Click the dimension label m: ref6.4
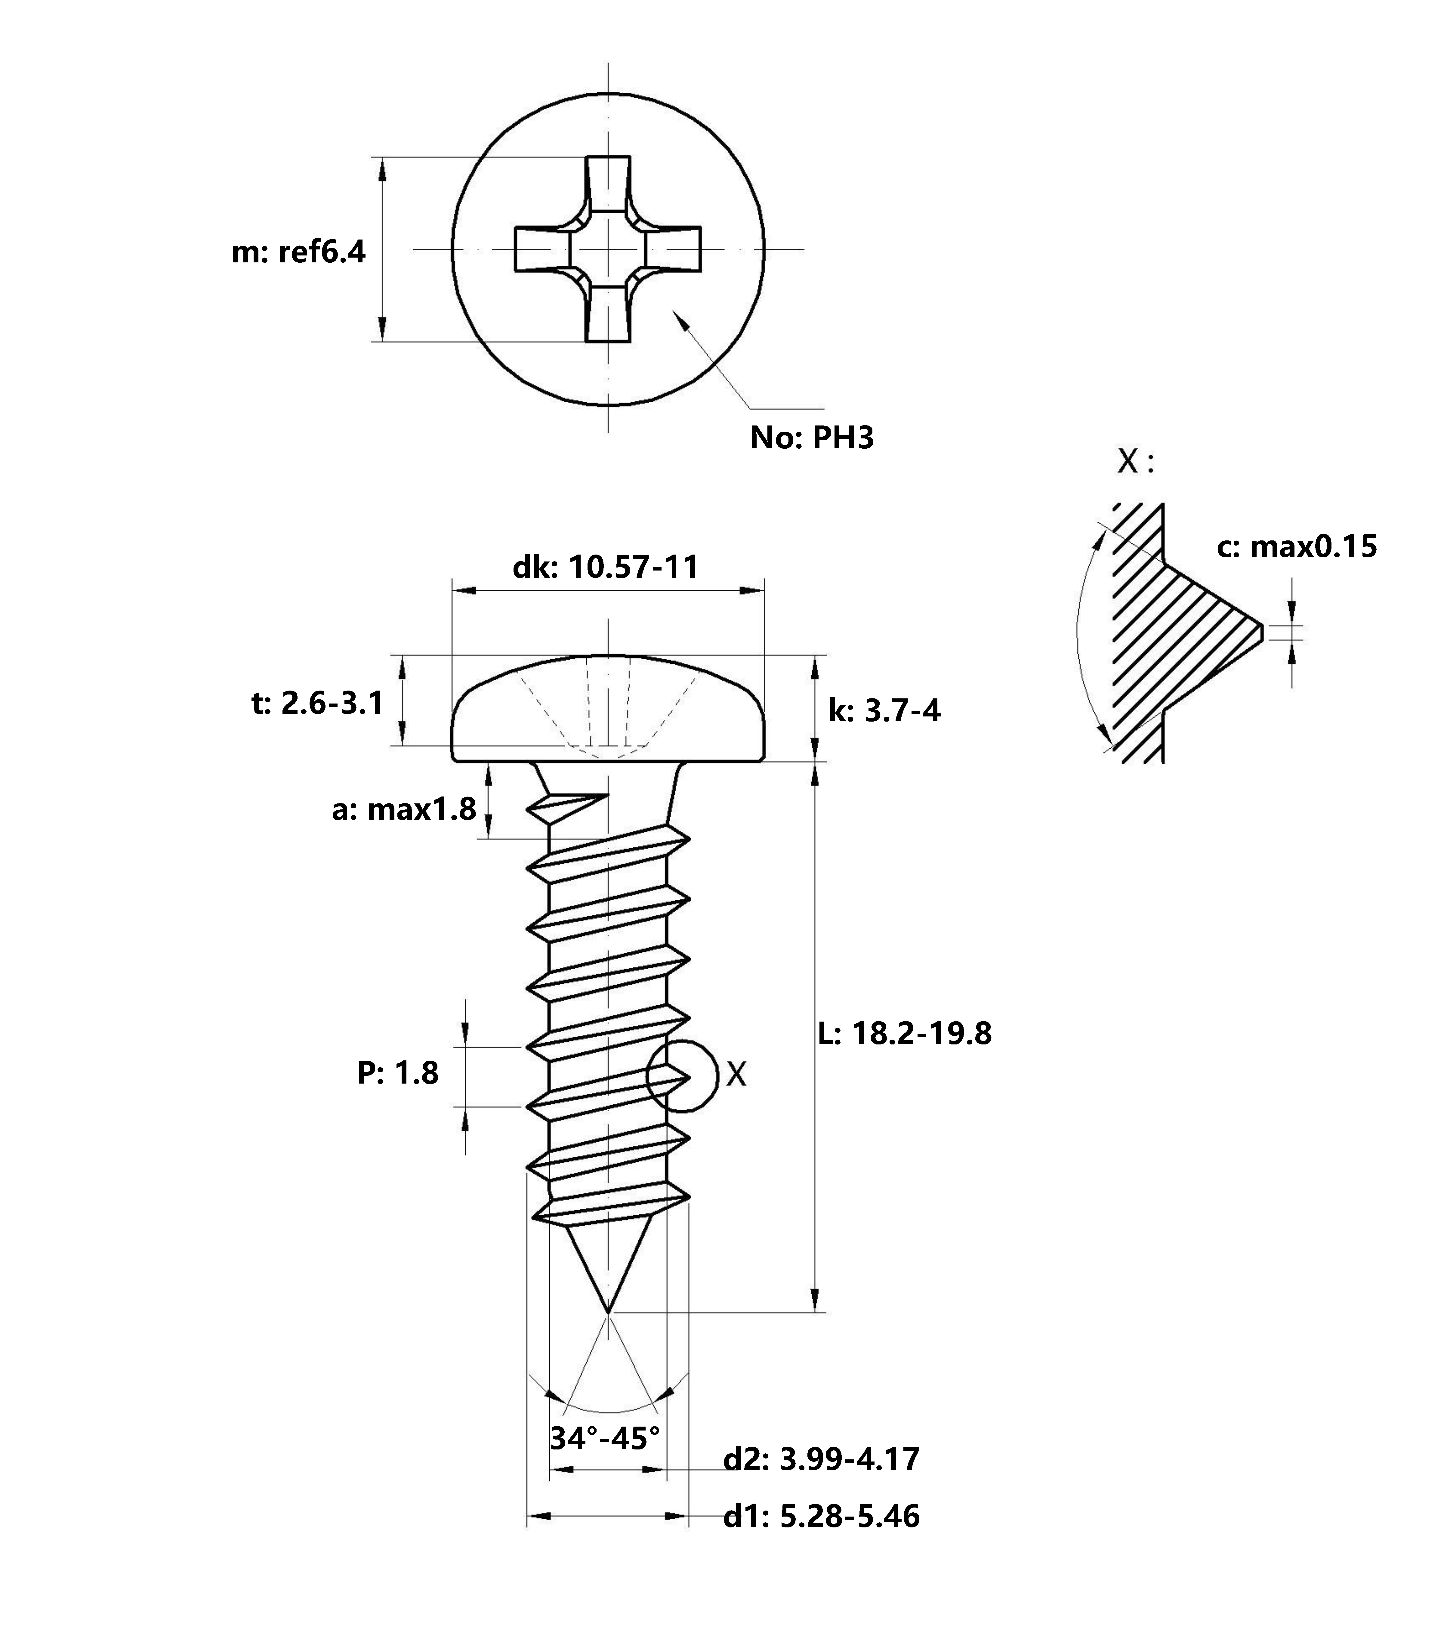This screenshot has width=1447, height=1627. [298, 252]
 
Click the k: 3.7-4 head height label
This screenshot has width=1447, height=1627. [884, 710]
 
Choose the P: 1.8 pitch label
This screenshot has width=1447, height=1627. [397, 1073]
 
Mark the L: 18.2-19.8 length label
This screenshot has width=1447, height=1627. [905, 1033]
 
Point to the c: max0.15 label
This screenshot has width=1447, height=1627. [1297, 547]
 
